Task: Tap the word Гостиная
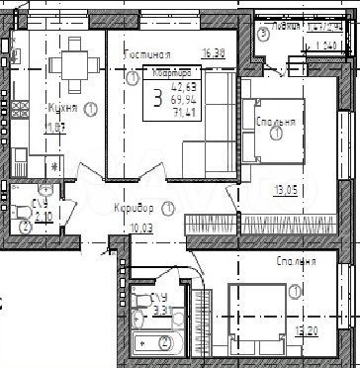coord(149,54)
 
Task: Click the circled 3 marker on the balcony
coord(263,34)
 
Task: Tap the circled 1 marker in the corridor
coord(169,209)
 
